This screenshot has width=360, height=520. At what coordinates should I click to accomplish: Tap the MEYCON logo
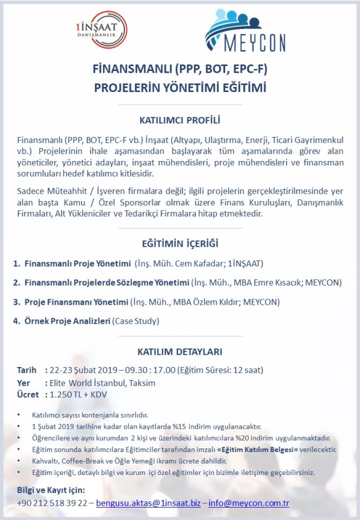click(x=243, y=31)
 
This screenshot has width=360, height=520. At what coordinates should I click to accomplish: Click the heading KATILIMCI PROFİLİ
click(x=180, y=119)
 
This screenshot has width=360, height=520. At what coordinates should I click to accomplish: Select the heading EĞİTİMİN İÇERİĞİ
click(x=180, y=243)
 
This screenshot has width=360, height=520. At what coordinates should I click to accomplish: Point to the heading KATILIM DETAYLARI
click(x=180, y=352)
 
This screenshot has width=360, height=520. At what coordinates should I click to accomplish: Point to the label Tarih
click(x=27, y=370)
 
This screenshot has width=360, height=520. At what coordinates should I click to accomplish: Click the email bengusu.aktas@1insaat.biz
click(x=147, y=503)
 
